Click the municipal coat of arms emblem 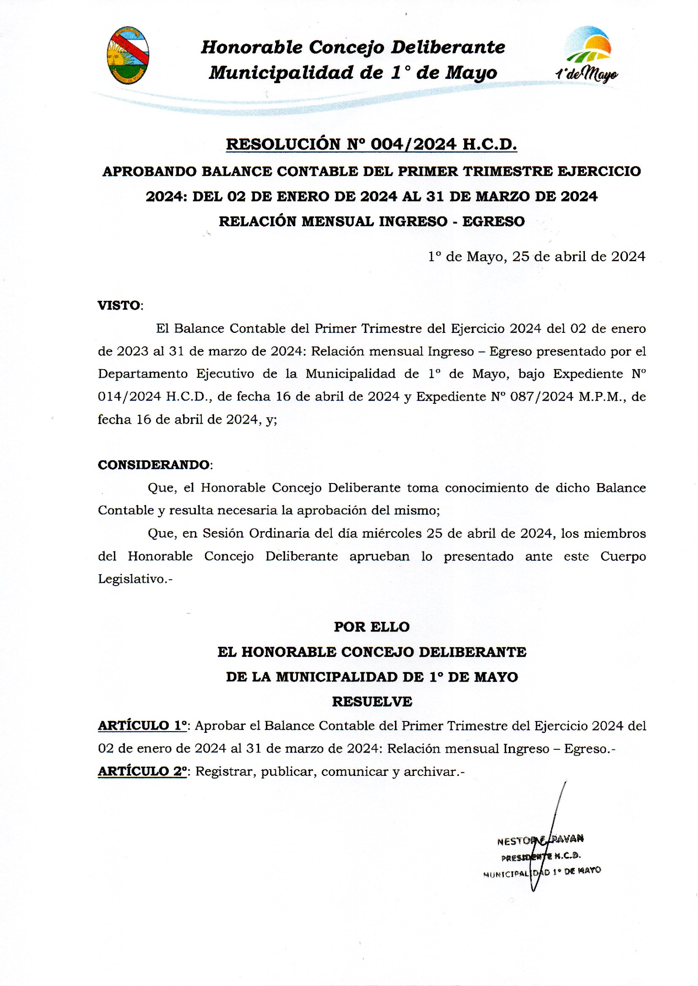pyautogui.click(x=127, y=54)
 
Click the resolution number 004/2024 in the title pyautogui.click(x=413, y=144)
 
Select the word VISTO pyautogui.click(x=119, y=305)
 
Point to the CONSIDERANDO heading pyautogui.click(x=154, y=465)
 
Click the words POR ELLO pyautogui.click(x=372, y=627)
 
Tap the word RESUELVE pyautogui.click(x=372, y=702)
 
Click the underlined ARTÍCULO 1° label pyautogui.click(x=143, y=726)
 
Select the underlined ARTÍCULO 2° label pyautogui.click(x=143, y=772)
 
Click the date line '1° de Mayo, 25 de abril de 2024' pyautogui.click(x=536, y=257)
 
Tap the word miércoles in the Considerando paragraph pyautogui.click(x=392, y=533)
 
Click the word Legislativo pyautogui.click(x=133, y=579)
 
